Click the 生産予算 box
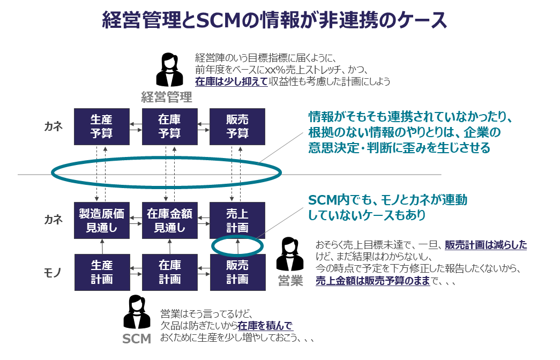[x=102, y=126]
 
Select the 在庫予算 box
[x=169, y=126]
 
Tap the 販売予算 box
[x=237, y=126]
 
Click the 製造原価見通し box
[x=102, y=220]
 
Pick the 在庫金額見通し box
[x=169, y=220]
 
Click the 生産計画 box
[x=102, y=272]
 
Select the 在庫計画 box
[x=169, y=272]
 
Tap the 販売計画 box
[x=237, y=272]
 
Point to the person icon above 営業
[x=290, y=254]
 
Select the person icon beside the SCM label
[x=137, y=312]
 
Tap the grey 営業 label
[x=290, y=281]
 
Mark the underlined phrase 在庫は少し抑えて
[x=231, y=81]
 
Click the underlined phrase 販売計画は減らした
[x=486, y=245]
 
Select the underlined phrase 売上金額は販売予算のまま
[x=373, y=281]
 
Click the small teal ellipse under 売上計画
[x=238, y=245]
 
